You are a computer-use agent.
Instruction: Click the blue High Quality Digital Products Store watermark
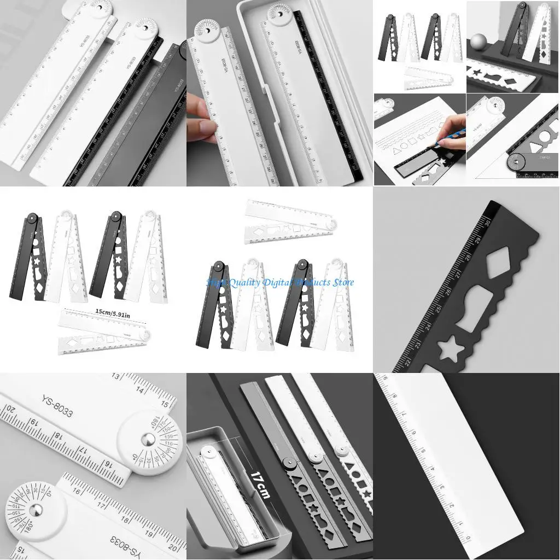[x=280, y=282]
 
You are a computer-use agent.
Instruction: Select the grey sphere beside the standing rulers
[x=479, y=42]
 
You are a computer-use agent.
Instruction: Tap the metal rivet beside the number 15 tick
[x=147, y=439]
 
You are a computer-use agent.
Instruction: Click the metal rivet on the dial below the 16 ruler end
[x=36, y=510]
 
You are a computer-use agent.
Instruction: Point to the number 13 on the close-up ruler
[x=116, y=377]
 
